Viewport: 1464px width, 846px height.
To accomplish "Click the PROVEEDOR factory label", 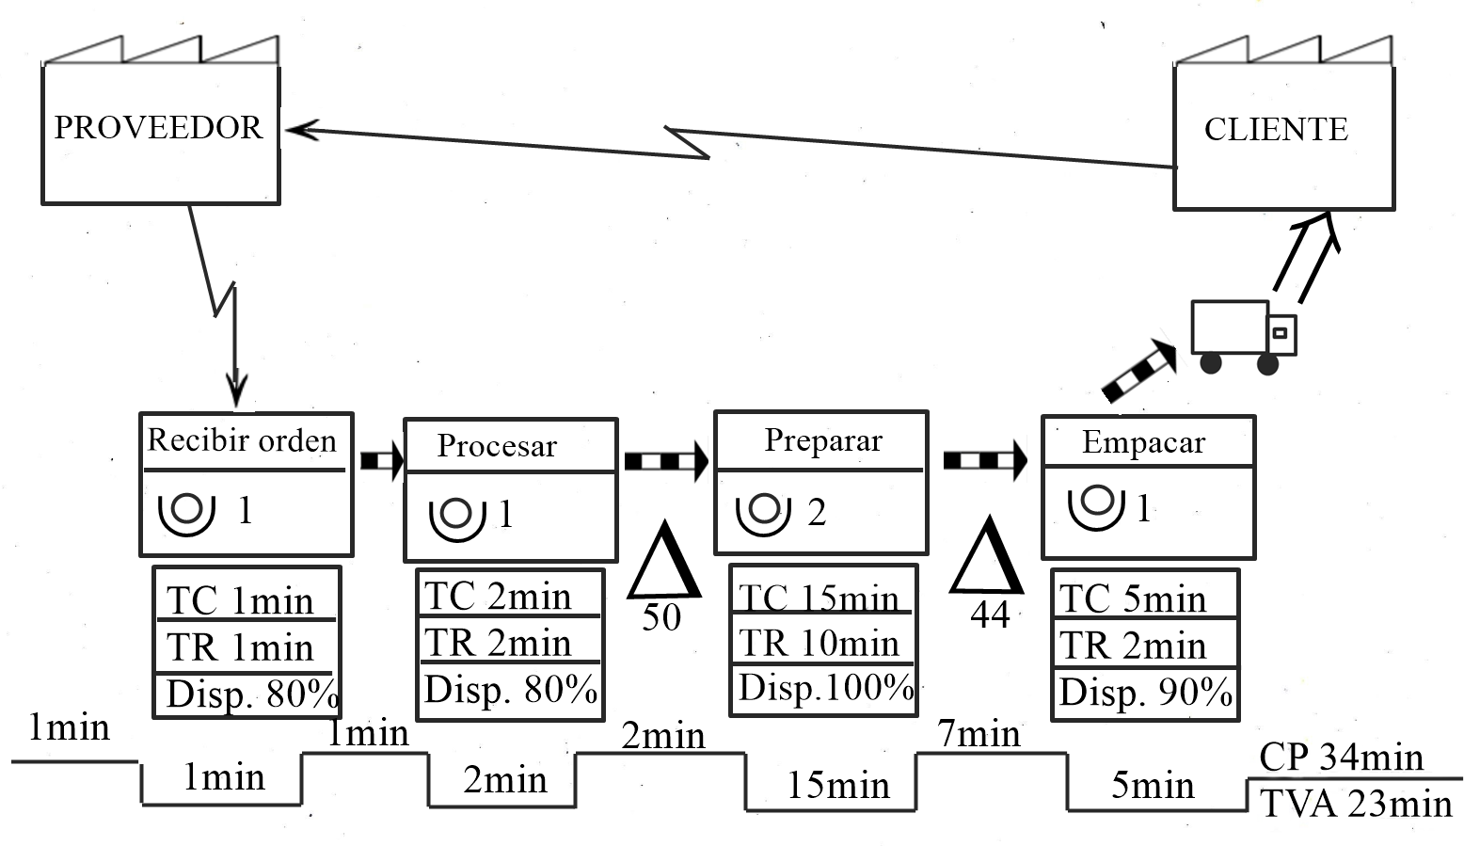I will click(158, 128).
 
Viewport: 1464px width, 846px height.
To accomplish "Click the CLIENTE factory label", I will click(1276, 130).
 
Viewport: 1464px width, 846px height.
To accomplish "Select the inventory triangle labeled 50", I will click(665, 564).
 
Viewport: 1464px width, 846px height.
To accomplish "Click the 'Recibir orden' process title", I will click(242, 440).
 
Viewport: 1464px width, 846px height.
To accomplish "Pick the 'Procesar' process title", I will click(497, 446).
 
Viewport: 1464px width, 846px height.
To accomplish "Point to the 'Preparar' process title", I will click(823, 440).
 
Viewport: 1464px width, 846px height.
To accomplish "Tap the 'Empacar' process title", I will click(1143, 442).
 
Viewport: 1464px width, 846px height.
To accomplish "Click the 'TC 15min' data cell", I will click(820, 597).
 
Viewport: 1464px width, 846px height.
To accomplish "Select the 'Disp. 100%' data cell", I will click(825, 688).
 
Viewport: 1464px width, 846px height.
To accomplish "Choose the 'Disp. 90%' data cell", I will click(1145, 693).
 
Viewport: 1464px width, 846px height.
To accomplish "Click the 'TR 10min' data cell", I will click(820, 643).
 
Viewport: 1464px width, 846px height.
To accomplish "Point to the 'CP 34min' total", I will click(1341, 758).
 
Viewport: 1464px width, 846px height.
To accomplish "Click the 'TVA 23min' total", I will click(1356, 804).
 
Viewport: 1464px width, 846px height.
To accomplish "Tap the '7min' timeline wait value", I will click(979, 733).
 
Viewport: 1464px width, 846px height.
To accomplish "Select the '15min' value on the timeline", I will click(837, 785).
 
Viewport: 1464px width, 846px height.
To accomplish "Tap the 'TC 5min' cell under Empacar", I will click(1133, 599).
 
